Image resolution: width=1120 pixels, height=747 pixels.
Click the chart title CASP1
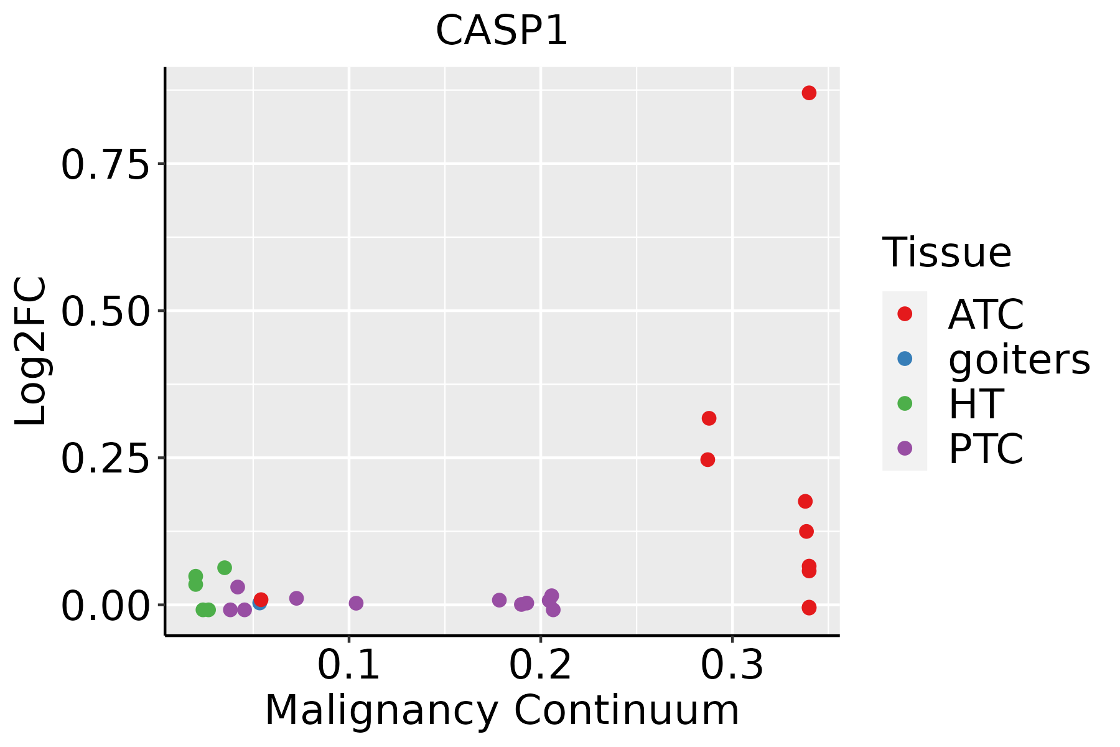click(x=502, y=31)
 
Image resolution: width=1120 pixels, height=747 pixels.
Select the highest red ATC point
click(x=809, y=93)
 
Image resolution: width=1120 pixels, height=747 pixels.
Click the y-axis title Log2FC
click(x=31, y=351)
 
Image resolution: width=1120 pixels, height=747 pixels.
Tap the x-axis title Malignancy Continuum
click(x=502, y=711)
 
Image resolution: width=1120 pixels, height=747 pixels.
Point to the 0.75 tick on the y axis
click(x=106, y=165)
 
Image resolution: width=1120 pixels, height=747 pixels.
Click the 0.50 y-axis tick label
click(x=106, y=312)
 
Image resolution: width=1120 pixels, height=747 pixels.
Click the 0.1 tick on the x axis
click(x=348, y=666)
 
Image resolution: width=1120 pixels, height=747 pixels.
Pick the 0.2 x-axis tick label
click(x=540, y=666)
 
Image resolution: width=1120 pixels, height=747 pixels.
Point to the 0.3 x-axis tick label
click(x=732, y=666)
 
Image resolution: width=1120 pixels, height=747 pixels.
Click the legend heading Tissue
click(x=947, y=253)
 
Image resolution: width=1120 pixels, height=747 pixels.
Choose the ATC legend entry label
click(x=986, y=314)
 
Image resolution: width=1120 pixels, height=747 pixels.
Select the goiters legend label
click(x=1019, y=359)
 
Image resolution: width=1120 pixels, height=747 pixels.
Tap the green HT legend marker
click(x=905, y=403)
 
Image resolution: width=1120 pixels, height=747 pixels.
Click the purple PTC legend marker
click(x=905, y=448)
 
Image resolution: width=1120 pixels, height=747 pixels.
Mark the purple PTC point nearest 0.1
click(x=356, y=603)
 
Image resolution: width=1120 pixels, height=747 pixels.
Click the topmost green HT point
click(x=225, y=568)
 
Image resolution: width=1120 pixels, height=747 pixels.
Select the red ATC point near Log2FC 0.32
click(x=709, y=418)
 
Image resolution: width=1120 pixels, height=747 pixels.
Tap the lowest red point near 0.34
click(x=809, y=608)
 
